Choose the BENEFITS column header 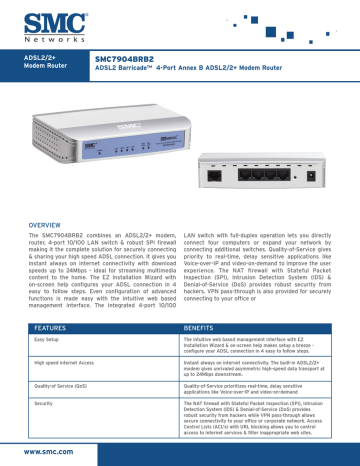[209, 326]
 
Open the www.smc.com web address [41, 451]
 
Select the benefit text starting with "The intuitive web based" [260, 346]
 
